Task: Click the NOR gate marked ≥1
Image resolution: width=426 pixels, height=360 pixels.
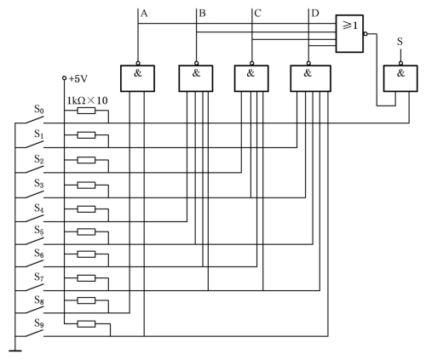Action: pyautogui.click(x=349, y=33)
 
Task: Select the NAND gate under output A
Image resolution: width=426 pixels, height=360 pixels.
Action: pyautogui.click(x=137, y=78)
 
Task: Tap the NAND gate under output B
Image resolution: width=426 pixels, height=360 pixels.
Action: pyautogui.click(x=196, y=78)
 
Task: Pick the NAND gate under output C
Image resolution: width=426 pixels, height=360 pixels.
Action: pyautogui.click(x=251, y=78)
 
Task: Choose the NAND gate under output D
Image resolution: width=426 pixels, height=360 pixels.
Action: pyautogui.click(x=310, y=78)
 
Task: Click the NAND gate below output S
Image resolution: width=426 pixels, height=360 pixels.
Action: pyautogui.click(x=400, y=78)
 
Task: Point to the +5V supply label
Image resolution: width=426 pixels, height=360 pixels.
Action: pyautogui.click(x=78, y=79)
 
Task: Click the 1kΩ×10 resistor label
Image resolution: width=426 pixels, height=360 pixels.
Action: pyautogui.click(x=87, y=100)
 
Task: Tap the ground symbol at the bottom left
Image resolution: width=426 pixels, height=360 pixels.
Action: pyautogui.click(x=15, y=351)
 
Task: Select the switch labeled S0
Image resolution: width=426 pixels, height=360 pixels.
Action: pyautogui.click(x=34, y=121)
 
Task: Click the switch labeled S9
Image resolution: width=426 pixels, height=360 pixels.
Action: pyautogui.click(x=34, y=334)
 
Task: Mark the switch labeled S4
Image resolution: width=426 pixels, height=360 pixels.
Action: pyautogui.click(x=34, y=219)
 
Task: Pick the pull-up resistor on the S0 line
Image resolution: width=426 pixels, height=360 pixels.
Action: pyautogui.click(x=86, y=111)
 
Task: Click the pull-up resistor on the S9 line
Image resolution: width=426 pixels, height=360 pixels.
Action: pyautogui.click(x=86, y=323)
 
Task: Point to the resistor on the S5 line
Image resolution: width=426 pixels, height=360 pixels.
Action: pyautogui.click(x=86, y=231)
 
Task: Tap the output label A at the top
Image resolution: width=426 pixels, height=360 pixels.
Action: pyautogui.click(x=144, y=14)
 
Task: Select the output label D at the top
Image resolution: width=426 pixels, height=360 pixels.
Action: pyautogui.click(x=315, y=14)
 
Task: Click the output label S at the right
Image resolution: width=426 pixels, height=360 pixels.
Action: pyautogui.click(x=400, y=42)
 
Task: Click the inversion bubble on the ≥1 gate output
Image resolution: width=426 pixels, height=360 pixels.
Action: pyautogui.click(x=366, y=34)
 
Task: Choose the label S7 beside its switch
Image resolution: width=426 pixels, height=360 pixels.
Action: pyautogui.click(x=39, y=277)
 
